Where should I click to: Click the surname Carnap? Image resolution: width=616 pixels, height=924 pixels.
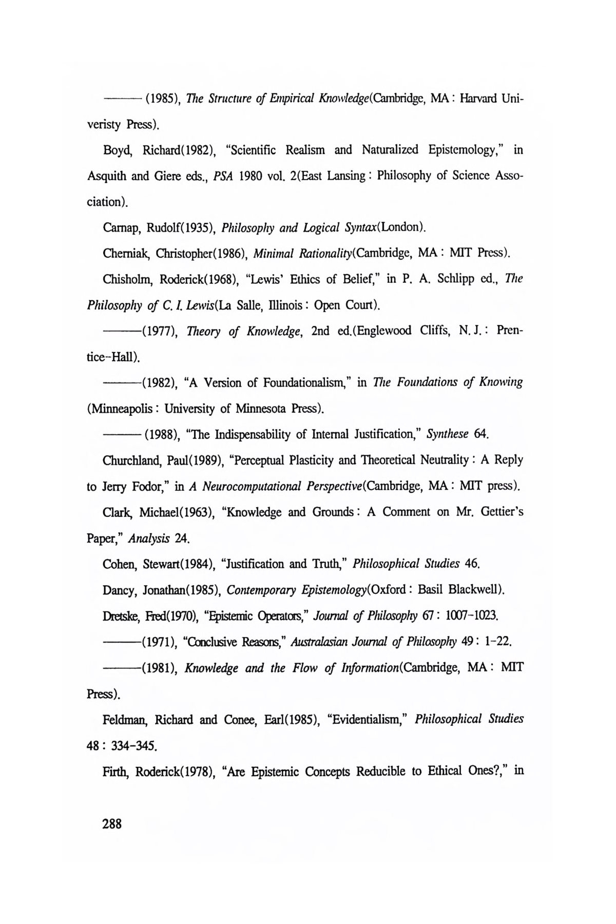[x=120, y=227]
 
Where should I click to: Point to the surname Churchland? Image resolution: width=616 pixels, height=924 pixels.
[x=131, y=460]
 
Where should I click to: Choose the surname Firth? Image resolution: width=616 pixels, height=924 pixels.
[x=115, y=772]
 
